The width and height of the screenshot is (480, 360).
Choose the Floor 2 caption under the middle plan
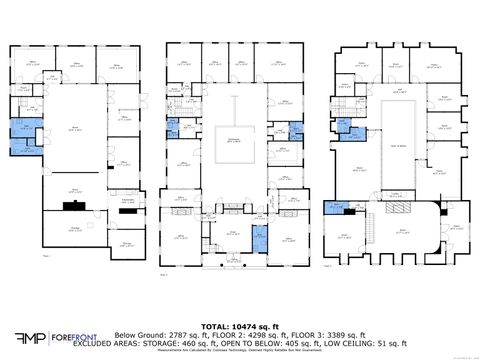[x=164, y=272]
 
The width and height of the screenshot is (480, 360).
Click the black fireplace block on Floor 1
[x=72, y=205]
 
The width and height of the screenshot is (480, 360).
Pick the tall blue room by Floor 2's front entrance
[x=259, y=239]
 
